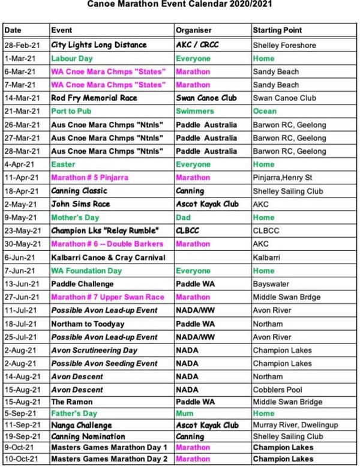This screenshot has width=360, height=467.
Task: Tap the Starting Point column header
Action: click(x=277, y=30)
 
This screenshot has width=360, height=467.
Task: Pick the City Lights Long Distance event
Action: click(x=98, y=45)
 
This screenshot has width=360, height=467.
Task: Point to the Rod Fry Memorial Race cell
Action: click(x=94, y=98)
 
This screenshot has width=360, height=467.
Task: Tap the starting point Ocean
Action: click(x=265, y=111)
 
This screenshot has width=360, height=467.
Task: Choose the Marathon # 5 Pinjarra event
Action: click(x=90, y=178)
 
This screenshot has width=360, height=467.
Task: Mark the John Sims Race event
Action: click(x=80, y=204)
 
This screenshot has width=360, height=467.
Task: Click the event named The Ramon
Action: click(x=71, y=403)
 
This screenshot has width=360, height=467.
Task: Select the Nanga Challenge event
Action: click(x=81, y=426)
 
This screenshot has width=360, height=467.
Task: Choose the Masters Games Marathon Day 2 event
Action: click(x=109, y=459)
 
